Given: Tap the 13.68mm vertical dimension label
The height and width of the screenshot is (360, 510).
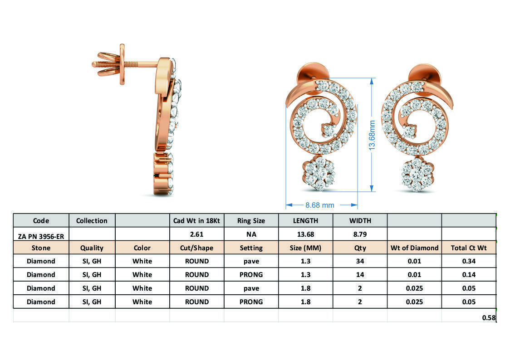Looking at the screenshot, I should tap(372, 135).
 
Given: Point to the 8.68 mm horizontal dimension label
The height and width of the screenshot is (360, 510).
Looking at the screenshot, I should tap(319, 205).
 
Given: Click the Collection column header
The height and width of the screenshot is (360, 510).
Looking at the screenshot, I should tap(92, 221).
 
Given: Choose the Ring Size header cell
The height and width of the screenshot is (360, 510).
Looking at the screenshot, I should tap(251, 221).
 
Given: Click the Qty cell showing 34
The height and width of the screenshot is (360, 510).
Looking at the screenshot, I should tap(360, 261).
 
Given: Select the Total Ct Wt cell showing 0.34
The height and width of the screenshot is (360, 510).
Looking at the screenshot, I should tap(469, 261).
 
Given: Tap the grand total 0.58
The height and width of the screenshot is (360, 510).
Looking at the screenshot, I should tap(489, 317).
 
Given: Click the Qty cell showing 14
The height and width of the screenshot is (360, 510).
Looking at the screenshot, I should tap(360, 275).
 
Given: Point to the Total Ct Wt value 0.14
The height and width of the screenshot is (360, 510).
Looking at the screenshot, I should tap(469, 275).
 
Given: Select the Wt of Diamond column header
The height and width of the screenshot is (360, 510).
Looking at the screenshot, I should tap(414, 248).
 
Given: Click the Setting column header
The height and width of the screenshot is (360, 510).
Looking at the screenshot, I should tap(251, 248).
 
